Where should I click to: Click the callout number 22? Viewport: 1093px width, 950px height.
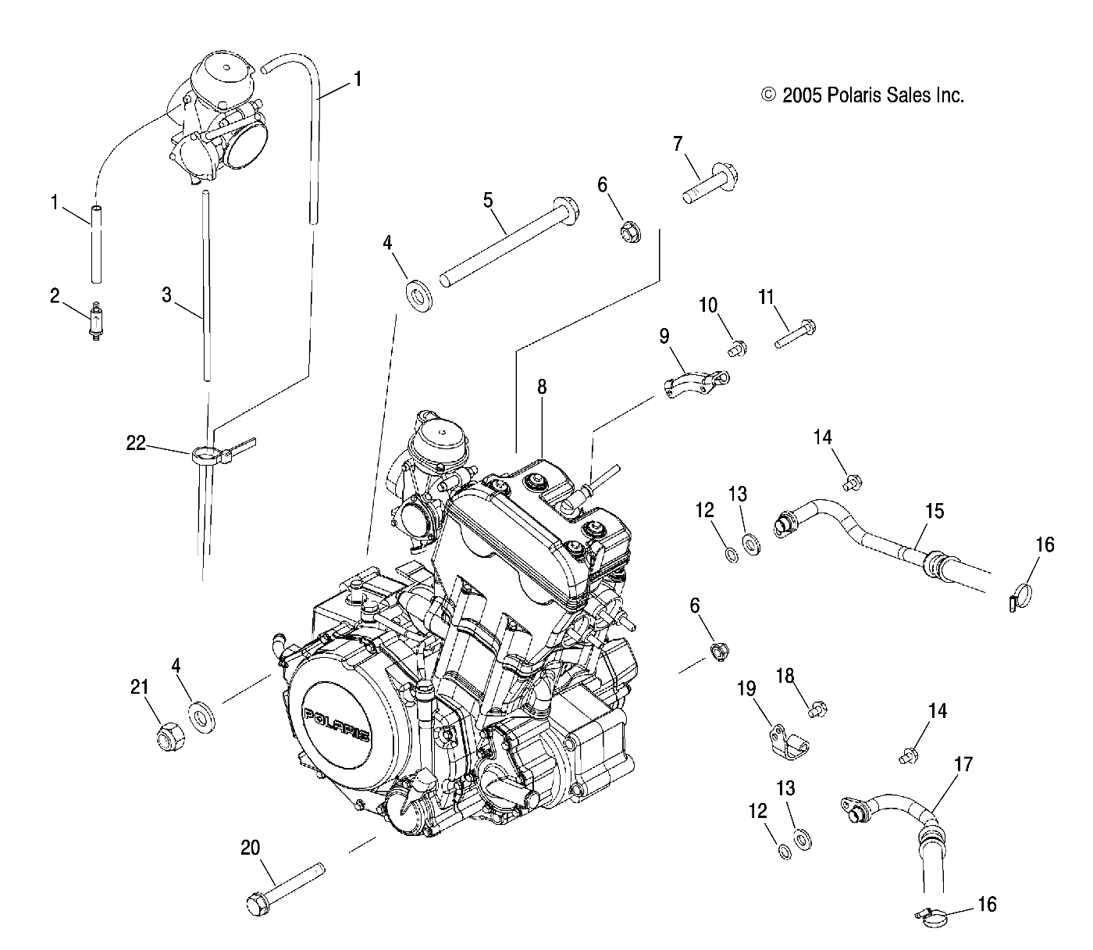(x=137, y=443)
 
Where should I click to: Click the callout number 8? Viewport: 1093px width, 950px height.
(x=542, y=386)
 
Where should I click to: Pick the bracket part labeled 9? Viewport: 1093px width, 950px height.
(x=695, y=382)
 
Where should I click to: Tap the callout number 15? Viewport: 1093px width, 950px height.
(x=934, y=512)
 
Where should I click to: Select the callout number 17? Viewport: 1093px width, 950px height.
(x=964, y=764)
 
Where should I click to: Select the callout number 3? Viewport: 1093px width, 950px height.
(x=166, y=295)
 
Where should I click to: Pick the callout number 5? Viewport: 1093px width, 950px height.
(x=488, y=200)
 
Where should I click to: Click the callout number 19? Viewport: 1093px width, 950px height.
(x=746, y=688)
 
